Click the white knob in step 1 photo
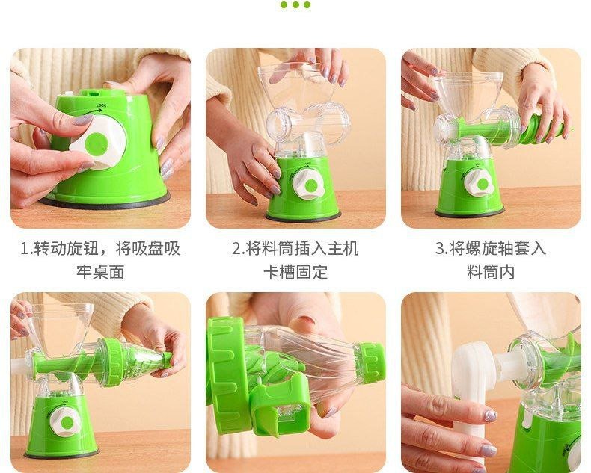99,141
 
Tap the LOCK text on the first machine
102,106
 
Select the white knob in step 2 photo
308,184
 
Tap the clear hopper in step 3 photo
467,94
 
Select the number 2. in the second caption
239,249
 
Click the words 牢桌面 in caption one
100,272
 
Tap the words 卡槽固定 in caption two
295,272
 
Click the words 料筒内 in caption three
491,272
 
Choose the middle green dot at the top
295,4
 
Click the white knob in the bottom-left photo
65,422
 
